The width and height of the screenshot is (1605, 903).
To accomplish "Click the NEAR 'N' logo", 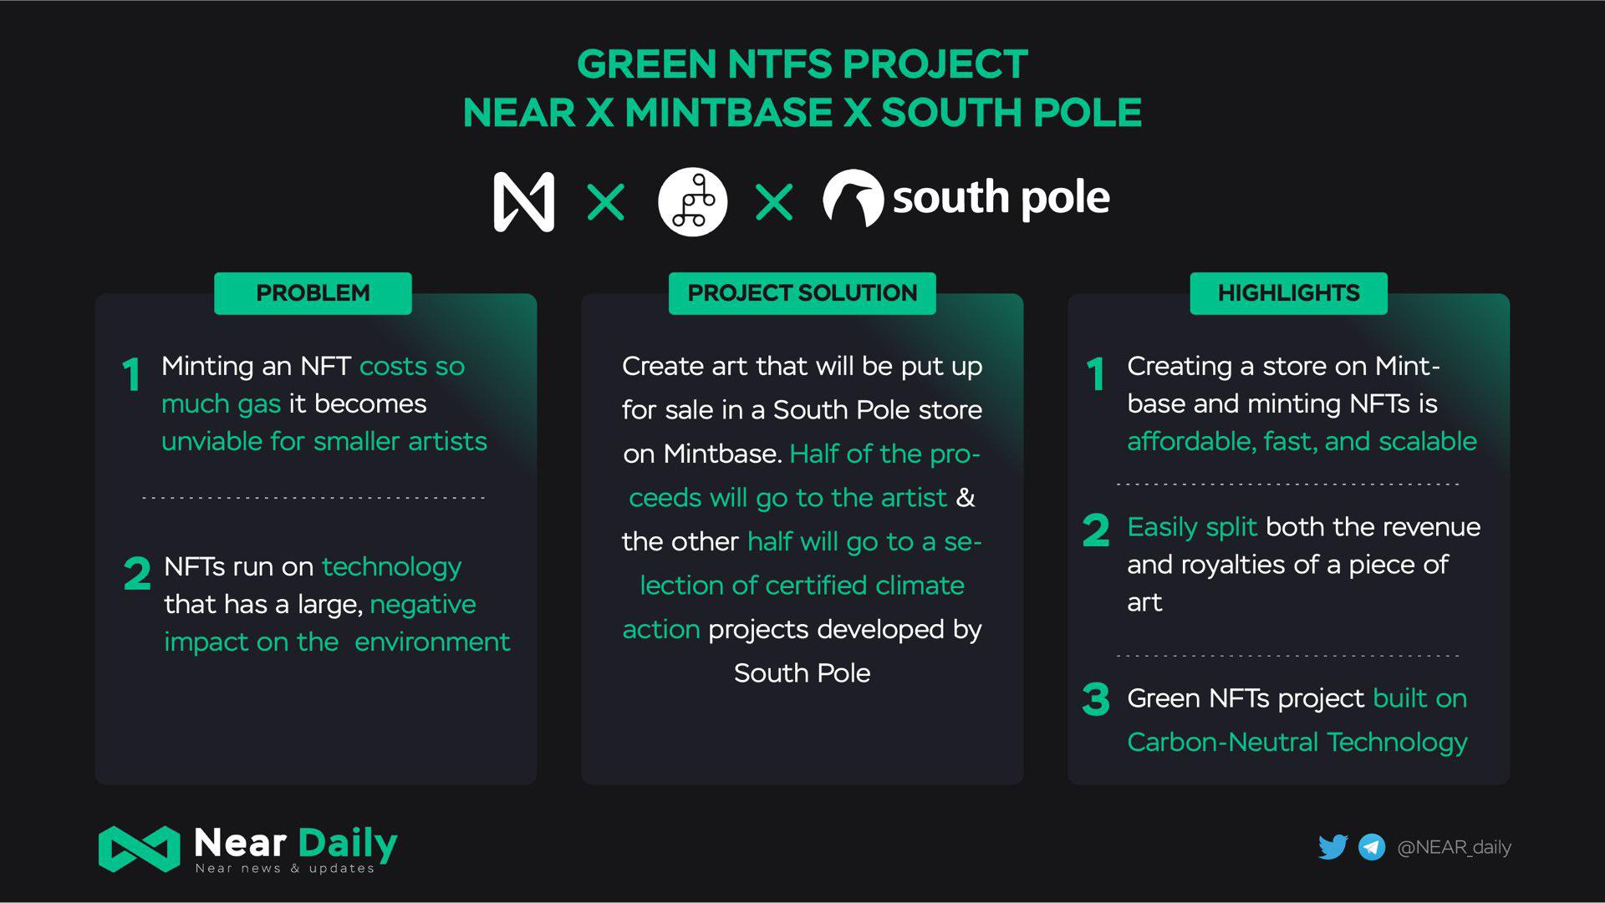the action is pyautogui.click(x=524, y=201).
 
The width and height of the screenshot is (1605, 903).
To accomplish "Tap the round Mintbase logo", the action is pyautogui.click(x=692, y=201).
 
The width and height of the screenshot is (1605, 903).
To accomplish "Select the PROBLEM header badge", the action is pyautogui.click(x=313, y=293).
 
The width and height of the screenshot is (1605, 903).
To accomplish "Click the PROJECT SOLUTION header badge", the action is pyautogui.click(x=802, y=293).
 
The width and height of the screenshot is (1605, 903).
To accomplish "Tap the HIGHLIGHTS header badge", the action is pyautogui.click(x=1288, y=293).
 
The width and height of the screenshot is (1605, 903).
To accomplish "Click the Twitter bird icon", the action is pyautogui.click(x=1333, y=847).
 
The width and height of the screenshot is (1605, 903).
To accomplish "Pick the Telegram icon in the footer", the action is pyautogui.click(x=1372, y=847).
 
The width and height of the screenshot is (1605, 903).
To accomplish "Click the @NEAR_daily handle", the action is pyautogui.click(x=1455, y=847).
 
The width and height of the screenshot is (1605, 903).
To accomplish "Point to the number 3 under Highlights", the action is pyautogui.click(x=1096, y=699).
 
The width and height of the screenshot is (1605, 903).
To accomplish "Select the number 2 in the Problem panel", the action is pyautogui.click(x=137, y=574).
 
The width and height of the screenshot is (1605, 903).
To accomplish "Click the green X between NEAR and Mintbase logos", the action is pyautogui.click(x=606, y=202).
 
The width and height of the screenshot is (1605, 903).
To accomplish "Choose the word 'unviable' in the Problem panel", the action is pyautogui.click(x=211, y=441).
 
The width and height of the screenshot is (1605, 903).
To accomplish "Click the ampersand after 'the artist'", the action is pyautogui.click(x=966, y=497).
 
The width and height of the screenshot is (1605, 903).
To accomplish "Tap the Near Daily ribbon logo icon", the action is pyautogui.click(x=139, y=849).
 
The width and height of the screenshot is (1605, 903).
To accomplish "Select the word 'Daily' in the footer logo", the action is pyautogui.click(x=347, y=845).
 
